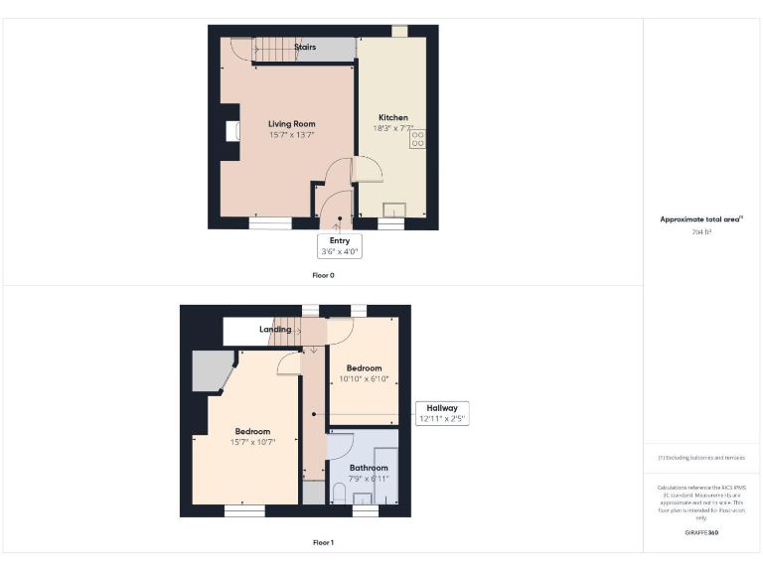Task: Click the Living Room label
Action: click(291, 124)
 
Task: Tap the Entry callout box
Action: click(340, 245)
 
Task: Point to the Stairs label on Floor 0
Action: click(305, 47)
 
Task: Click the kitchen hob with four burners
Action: click(418, 140)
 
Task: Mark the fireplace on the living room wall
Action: click(231, 132)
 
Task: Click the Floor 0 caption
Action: click(324, 275)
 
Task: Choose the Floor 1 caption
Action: click(324, 542)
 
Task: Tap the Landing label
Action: click(275, 330)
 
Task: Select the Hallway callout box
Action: click(442, 413)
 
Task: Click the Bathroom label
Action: click(368, 468)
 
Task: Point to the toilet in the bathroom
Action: click(339, 492)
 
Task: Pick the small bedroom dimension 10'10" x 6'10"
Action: click(363, 378)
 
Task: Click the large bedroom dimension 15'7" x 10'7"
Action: click(252, 442)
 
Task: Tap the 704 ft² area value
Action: click(701, 231)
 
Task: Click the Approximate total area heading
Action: click(701, 219)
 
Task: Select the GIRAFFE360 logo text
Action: click(701, 533)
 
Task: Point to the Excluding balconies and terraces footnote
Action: click(701, 457)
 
